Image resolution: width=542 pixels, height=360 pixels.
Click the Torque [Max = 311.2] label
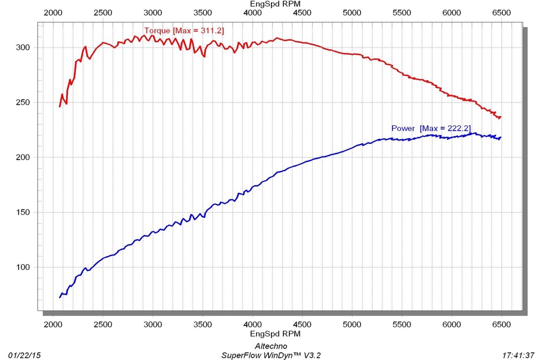pyautogui.click(x=184, y=30)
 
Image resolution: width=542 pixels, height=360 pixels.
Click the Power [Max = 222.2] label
pyautogui.click(x=431, y=128)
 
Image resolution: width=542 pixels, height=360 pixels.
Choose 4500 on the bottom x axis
pyautogui.click(x=302, y=324)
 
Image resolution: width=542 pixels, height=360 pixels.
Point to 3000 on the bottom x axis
pyautogui.click(x=152, y=324)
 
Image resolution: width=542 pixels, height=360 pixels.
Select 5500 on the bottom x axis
pyautogui.click(x=401, y=324)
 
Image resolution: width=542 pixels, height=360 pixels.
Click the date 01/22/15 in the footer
pyautogui.click(x=20, y=355)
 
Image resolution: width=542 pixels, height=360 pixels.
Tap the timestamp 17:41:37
pyautogui.click(x=518, y=355)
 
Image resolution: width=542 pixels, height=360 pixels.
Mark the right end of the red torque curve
pyautogui.click(x=501, y=117)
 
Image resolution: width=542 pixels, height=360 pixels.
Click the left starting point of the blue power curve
pyautogui.click(x=59, y=297)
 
